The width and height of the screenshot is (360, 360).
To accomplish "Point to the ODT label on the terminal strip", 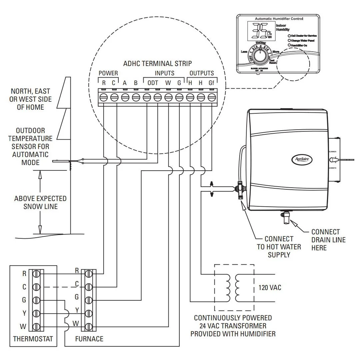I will point(153,83).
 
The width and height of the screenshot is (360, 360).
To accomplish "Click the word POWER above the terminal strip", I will point(108,73).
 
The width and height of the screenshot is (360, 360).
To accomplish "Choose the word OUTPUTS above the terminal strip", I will point(201,73).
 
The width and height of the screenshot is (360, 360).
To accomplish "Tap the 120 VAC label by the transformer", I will point(270,287).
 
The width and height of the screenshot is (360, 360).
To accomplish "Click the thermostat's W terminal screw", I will point(36,326).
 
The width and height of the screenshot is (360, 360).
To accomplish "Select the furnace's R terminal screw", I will point(88,274).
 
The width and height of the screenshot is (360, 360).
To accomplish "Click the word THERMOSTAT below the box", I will point(33,339).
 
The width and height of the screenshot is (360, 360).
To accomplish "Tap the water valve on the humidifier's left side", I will point(239,190).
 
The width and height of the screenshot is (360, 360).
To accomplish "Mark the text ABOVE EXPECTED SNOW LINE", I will point(40,202).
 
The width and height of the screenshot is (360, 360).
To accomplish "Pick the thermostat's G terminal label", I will point(24,300).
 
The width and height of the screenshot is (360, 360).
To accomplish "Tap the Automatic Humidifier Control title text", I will point(279,19).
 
